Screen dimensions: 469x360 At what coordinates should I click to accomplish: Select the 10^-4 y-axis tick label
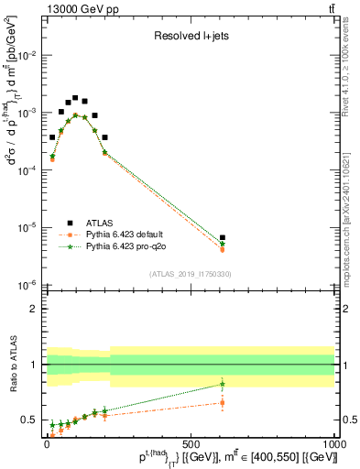coord(29,170)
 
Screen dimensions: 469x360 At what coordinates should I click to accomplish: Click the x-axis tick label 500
coord(191,442)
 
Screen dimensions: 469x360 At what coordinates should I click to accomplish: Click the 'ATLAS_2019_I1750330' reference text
coord(190,274)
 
